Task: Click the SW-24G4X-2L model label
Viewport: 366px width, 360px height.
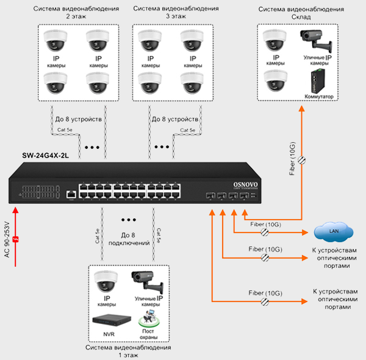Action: [45, 156]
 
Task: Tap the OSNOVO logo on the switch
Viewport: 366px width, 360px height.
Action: [246, 185]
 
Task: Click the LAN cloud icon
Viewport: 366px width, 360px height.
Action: [333, 232]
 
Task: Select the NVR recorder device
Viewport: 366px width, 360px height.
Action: [112, 320]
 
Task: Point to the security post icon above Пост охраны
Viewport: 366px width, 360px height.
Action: [149, 319]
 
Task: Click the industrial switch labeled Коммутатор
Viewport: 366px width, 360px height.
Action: [317, 81]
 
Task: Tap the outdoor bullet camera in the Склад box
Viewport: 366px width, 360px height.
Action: [315, 40]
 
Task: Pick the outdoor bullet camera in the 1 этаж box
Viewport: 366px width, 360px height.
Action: [147, 282]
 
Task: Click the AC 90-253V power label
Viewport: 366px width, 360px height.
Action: [7, 240]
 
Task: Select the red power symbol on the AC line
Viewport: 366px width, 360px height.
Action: [16, 239]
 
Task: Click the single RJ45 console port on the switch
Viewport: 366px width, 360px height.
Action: [71, 194]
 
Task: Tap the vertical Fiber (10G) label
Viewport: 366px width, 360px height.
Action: [292, 159]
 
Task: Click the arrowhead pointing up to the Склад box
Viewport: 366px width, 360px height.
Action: [301, 109]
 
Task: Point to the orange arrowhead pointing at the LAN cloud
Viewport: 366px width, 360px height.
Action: [305, 232]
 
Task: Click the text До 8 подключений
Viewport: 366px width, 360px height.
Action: [129, 239]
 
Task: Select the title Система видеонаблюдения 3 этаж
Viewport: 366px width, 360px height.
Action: [176, 12]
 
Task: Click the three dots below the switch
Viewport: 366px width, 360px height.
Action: [129, 220]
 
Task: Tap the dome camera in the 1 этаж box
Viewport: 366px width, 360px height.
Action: [106, 281]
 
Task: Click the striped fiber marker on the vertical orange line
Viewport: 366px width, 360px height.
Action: [301, 160]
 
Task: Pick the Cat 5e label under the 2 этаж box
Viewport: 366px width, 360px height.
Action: [65, 130]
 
